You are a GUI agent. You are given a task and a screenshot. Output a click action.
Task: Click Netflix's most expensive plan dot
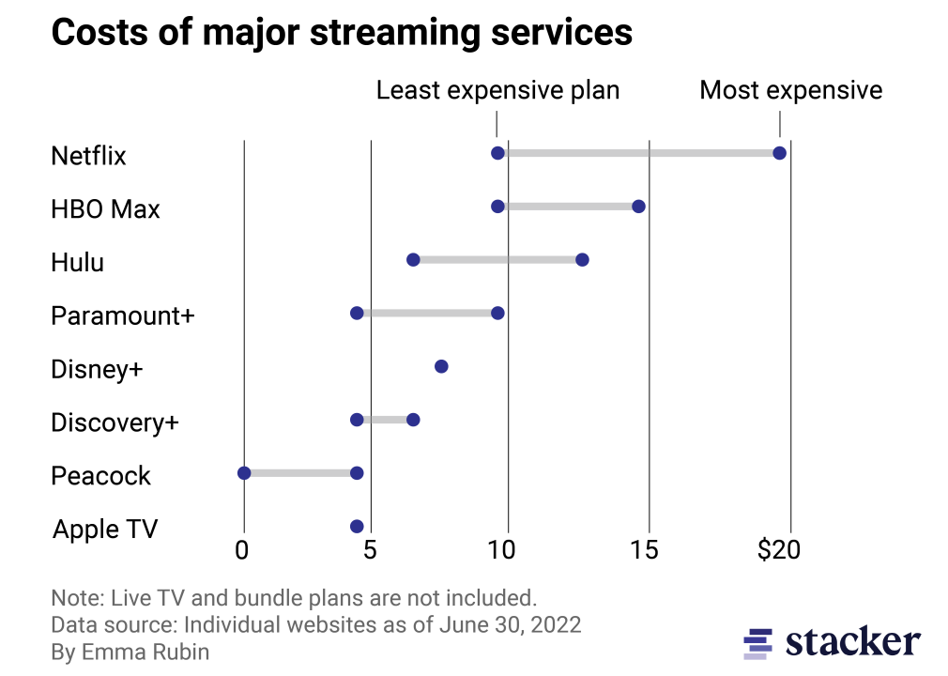(779, 153)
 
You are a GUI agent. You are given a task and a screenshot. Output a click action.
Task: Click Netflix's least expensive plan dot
(497, 153)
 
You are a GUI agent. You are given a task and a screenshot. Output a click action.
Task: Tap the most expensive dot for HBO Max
(638, 207)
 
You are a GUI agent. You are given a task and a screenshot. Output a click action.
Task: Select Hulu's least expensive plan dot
(413, 259)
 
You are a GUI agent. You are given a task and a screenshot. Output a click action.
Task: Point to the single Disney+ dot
(441, 366)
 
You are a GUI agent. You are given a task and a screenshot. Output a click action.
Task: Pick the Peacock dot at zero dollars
(244, 473)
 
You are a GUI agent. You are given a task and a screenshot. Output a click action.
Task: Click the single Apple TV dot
(357, 527)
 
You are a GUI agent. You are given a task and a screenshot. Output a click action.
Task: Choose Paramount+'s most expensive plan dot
(497, 313)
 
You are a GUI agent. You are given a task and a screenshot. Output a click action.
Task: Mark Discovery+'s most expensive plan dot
(413, 420)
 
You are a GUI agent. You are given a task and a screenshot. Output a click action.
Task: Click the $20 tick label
(779, 550)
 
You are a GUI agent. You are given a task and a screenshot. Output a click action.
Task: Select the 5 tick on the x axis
(371, 550)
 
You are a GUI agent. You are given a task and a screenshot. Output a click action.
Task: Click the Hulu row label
(77, 262)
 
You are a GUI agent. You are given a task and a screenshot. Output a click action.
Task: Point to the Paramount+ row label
(122, 315)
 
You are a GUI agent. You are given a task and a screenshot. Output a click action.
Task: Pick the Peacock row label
(100, 476)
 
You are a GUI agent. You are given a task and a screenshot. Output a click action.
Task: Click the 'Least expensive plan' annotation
(497, 90)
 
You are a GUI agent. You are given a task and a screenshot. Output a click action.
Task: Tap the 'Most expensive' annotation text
(791, 90)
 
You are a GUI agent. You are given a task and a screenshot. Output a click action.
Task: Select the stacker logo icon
(757, 642)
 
